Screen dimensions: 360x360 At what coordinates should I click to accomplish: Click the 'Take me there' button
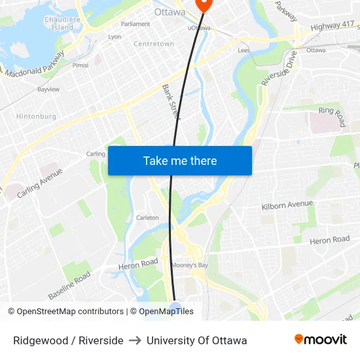click(180, 161)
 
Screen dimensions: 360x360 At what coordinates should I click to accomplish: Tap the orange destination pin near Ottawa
click(202, 4)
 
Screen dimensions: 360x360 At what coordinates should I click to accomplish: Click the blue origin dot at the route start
click(175, 308)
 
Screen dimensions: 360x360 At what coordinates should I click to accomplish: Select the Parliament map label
click(135, 24)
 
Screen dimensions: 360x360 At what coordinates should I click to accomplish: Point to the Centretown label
click(154, 44)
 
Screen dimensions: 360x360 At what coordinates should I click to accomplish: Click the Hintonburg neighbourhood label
click(36, 117)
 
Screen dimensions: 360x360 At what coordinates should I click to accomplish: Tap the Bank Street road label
click(171, 101)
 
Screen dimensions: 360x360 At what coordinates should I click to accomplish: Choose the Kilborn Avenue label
click(287, 205)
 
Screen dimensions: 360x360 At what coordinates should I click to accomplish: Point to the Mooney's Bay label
click(190, 265)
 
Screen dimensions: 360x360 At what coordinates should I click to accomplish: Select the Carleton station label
click(147, 218)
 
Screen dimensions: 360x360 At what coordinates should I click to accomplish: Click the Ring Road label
click(332, 117)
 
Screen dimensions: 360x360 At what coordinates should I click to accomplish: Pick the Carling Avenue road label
click(40, 183)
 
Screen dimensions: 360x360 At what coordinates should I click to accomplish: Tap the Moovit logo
click(321, 340)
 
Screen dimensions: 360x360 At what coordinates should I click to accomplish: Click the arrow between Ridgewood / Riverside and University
click(135, 340)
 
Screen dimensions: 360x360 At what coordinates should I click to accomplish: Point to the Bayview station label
click(48, 89)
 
